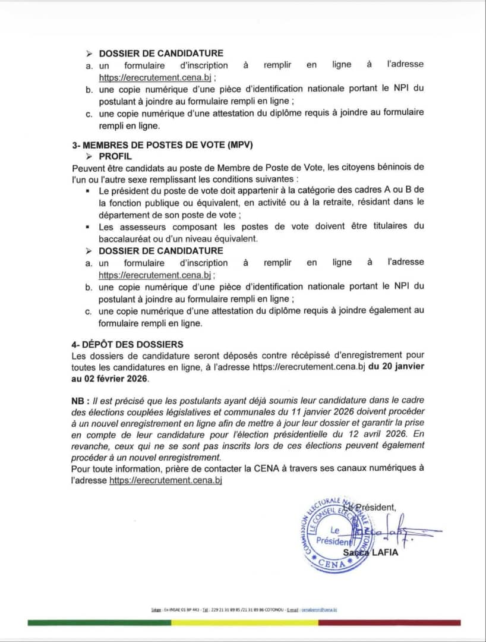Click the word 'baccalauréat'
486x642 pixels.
[124, 238]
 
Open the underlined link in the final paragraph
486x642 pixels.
[165, 480]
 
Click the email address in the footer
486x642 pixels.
[319, 609]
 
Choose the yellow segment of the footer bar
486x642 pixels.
[244, 622]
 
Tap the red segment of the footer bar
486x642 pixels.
[389, 622]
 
